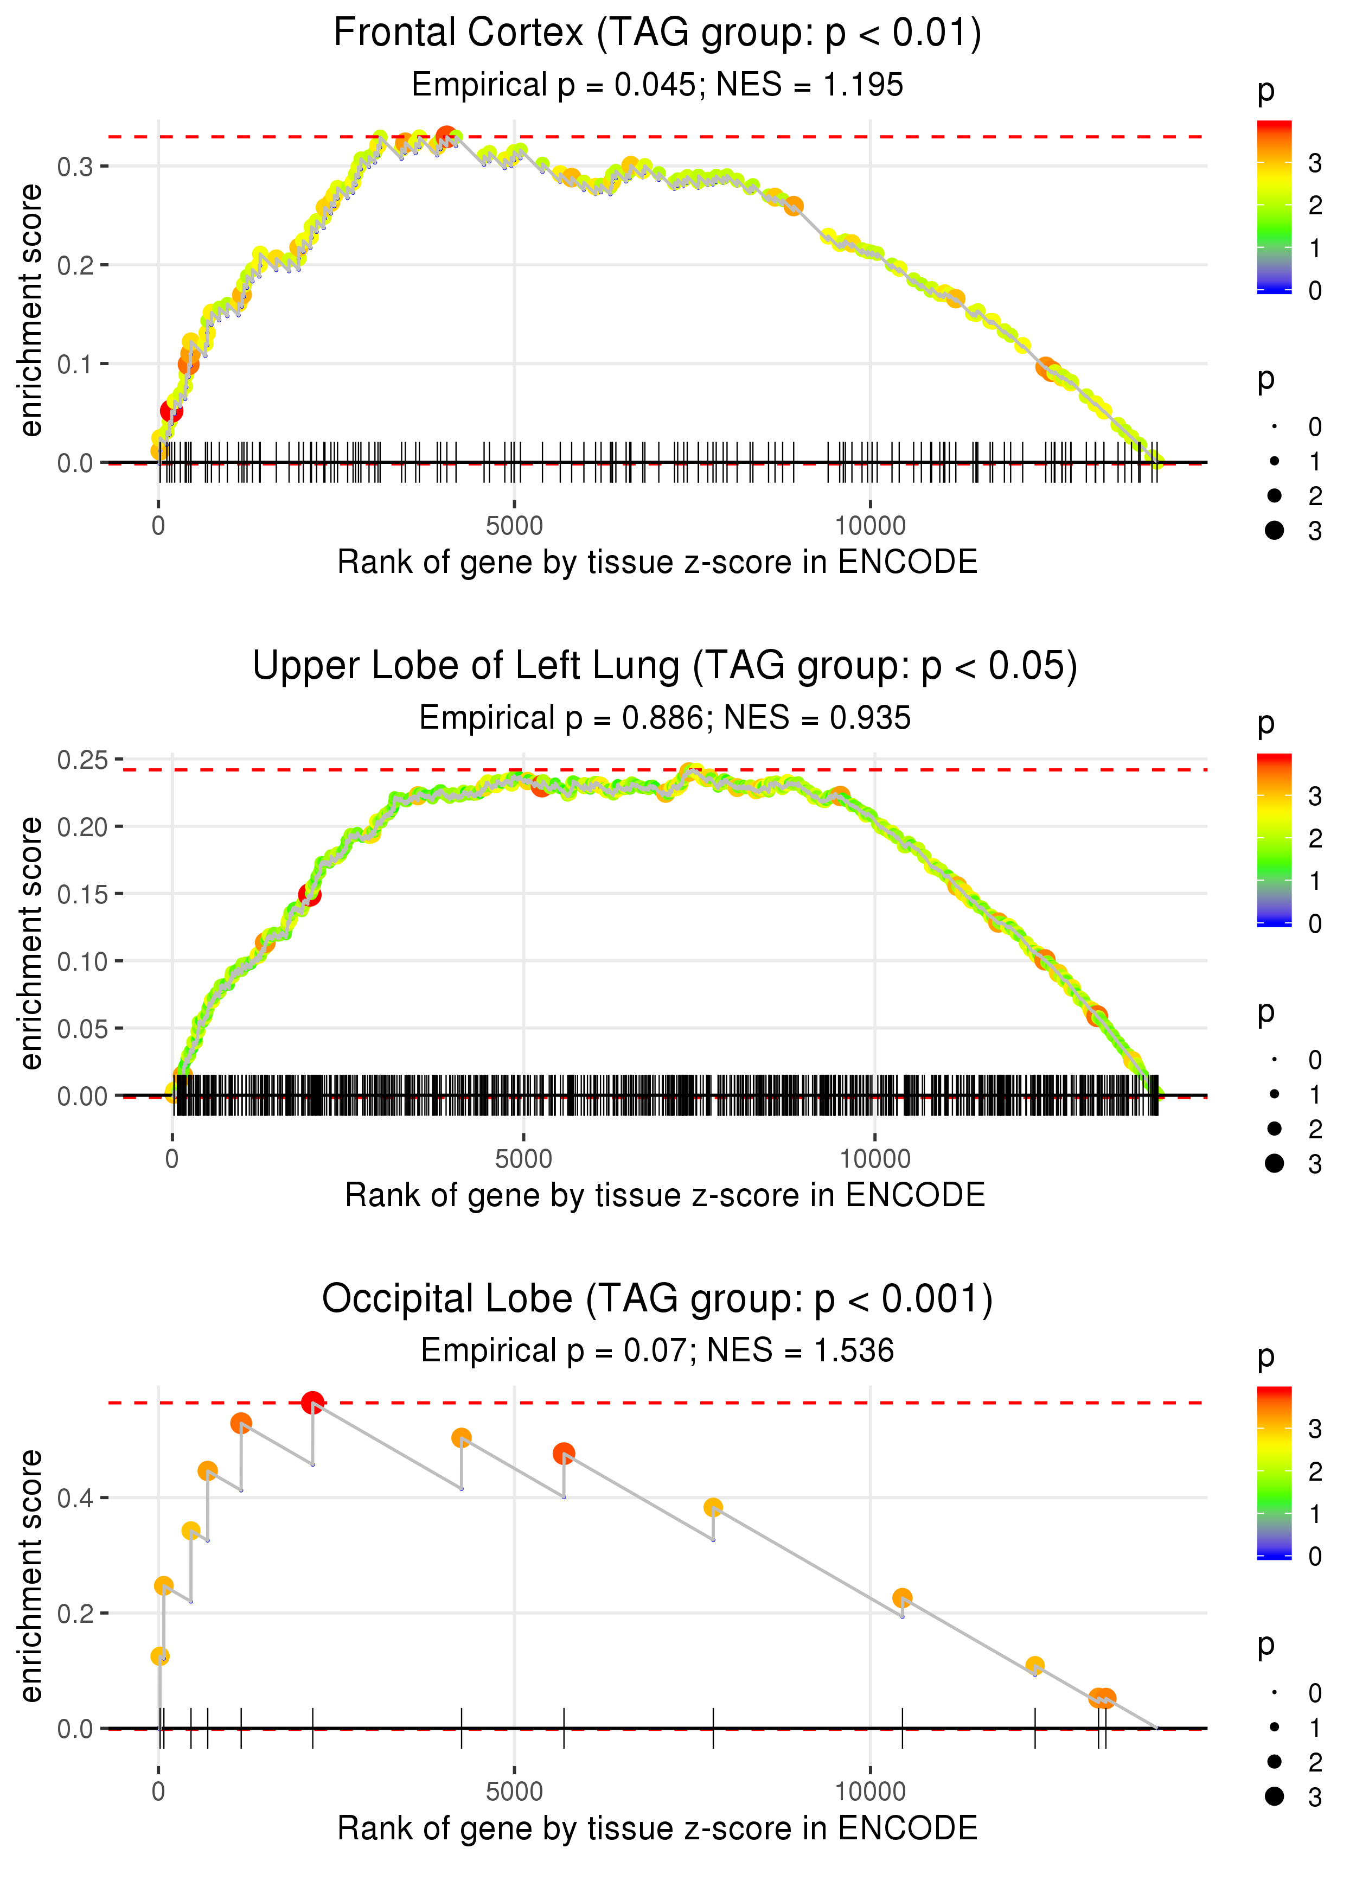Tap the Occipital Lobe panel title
tap(657, 1299)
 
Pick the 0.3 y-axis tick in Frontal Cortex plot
tap(75, 167)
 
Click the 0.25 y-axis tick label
tap(82, 760)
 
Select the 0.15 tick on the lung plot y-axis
tap(82, 894)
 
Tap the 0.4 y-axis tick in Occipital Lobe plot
tap(75, 1498)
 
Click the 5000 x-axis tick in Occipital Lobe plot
tap(514, 1791)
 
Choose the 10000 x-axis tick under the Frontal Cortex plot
tap(870, 526)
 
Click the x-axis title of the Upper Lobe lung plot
tap(664, 1195)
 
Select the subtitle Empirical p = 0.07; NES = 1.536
tap(657, 1350)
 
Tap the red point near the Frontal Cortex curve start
tap(171, 411)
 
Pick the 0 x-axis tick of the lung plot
tap(172, 1159)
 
